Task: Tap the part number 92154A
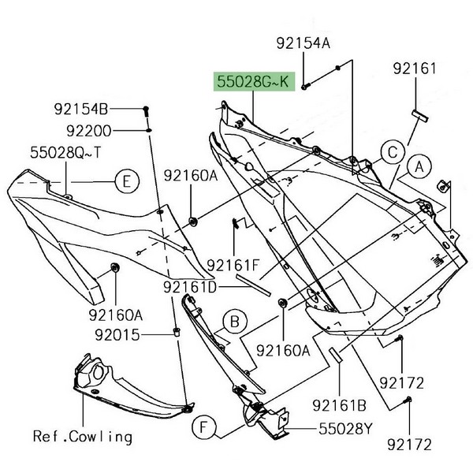click(x=303, y=43)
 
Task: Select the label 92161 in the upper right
click(x=415, y=69)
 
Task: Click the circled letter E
click(x=125, y=182)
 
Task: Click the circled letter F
click(x=204, y=429)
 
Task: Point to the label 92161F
click(x=233, y=266)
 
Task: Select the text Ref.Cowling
click(x=82, y=434)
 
